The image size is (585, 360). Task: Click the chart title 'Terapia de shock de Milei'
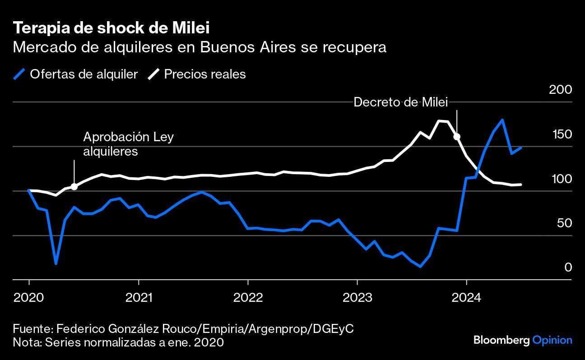coord(111,28)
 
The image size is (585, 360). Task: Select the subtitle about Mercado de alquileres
coord(200,47)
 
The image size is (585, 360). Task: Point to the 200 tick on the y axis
coord(560,89)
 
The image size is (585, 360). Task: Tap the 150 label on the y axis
coord(560,134)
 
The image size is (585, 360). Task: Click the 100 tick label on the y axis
coord(560,179)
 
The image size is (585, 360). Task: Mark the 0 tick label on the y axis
coord(568,267)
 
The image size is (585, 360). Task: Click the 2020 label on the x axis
coord(29,297)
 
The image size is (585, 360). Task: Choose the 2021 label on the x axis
coord(139,297)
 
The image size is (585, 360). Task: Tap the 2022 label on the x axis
coord(248,297)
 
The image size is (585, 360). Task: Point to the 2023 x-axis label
coord(357,297)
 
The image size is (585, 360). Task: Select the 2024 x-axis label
coord(466,297)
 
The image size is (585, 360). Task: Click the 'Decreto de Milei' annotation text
coord(400,102)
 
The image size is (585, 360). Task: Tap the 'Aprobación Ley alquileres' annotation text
coord(128,144)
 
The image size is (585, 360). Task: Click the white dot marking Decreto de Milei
coord(457,137)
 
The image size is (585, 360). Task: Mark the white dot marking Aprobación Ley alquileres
coord(74,186)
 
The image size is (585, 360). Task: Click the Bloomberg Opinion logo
coord(522,340)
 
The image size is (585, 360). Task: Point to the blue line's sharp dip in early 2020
coord(56,263)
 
